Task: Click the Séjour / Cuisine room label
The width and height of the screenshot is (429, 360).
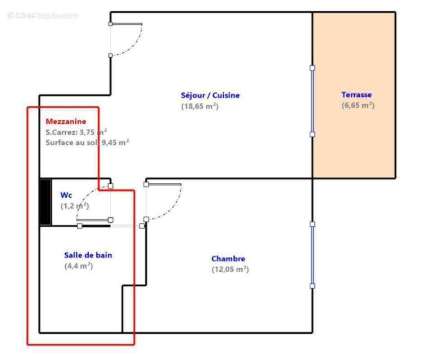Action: tap(210, 95)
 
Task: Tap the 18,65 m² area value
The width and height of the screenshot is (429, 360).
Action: tap(200, 107)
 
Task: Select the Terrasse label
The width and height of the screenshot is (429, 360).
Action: tap(357, 95)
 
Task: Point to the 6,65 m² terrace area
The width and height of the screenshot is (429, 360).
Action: tap(358, 106)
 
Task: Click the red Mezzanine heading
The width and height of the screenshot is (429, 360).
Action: tap(66, 121)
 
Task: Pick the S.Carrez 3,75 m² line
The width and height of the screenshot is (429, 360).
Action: tap(76, 132)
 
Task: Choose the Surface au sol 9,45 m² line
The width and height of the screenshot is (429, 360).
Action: tap(87, 143)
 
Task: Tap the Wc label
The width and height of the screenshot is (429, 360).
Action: tap(66, 195)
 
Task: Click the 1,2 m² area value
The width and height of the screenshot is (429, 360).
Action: tap(75, 206)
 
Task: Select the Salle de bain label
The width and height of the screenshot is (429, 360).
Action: tap(88, 255)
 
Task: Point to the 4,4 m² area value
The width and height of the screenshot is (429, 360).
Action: tap(78, 266)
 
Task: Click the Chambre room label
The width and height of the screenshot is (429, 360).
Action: tap(228, 259)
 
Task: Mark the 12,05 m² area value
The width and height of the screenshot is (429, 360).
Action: tap(230, 270)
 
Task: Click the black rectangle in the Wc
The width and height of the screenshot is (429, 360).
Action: tap(45, 202)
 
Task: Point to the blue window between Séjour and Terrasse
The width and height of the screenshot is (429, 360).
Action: tap(312, 101)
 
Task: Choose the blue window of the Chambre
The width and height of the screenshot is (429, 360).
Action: tap(312, 255)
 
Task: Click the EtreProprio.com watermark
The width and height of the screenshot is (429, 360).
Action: tap(43, 16)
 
